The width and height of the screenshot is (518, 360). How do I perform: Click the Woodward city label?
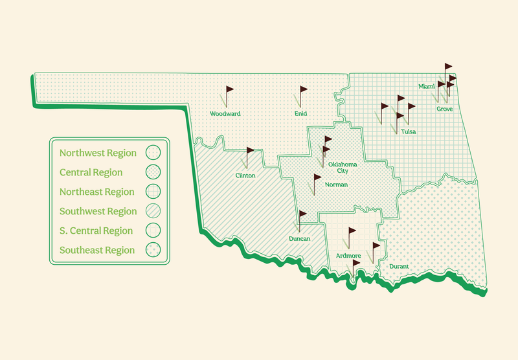coord(225,114)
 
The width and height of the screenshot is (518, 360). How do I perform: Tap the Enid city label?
coord(300,114)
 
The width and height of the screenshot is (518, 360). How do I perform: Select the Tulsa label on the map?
coord(408,132)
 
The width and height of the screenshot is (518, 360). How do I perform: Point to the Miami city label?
coord(426,86)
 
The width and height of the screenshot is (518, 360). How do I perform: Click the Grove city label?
coord(444,109)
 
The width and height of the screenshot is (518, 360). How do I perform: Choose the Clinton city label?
coord(245,175)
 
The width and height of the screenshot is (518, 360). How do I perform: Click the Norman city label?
coord(336,185)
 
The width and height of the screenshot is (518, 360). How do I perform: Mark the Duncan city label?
coord(298,239)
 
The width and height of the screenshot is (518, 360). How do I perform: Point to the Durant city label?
coord(399,266)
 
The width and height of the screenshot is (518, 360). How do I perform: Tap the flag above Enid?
coord(303,89)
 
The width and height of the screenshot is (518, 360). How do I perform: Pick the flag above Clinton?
coord(251,151)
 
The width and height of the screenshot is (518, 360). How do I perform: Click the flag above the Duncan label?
coord(302,214)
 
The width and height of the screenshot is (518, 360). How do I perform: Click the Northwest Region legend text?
coord(98,153)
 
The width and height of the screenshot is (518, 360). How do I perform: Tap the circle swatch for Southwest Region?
coord(153,211)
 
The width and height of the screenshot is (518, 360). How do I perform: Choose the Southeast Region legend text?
coord(97,250)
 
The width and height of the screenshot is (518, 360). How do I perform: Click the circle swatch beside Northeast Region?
coord(153,192)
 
